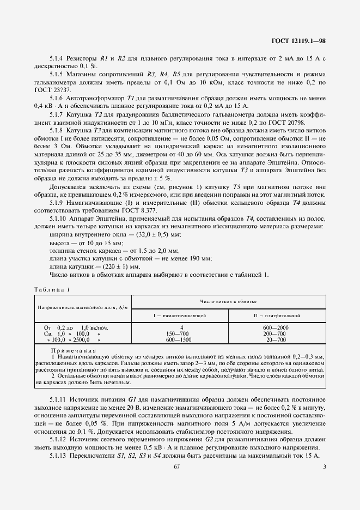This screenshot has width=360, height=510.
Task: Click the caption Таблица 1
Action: (x=52, y=289)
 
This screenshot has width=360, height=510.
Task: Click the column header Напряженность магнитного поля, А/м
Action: (x=82, y=308)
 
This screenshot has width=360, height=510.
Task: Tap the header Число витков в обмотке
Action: (x=229, y=301)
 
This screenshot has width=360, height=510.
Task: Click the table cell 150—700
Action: (x=180, y=333)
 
